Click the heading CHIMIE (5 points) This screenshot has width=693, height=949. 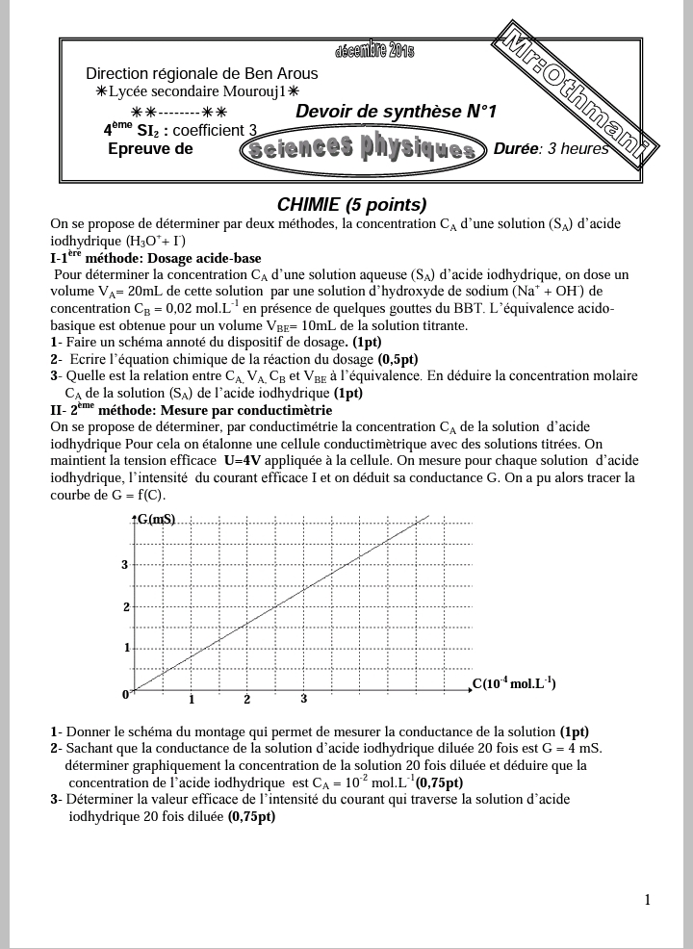(351, 204)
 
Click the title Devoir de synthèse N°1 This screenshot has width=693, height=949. (396, 112)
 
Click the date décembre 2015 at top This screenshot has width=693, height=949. (375, 51)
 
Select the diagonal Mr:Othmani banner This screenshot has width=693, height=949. (576, 96)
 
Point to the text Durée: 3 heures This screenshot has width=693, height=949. (551, 149)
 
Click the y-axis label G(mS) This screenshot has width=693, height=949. (156, 520)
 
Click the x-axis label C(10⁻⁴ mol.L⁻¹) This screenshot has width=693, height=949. (513, 684)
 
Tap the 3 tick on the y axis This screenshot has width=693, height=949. (124, 565)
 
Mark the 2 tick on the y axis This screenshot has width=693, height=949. (125, 606)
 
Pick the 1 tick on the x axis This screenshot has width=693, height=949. (192, 700)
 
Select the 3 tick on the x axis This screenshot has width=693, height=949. (303, 699)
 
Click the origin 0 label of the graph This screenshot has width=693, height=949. (125, 694)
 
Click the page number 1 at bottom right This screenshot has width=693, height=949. (648, 900)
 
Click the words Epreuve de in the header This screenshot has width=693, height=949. (150, 149)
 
